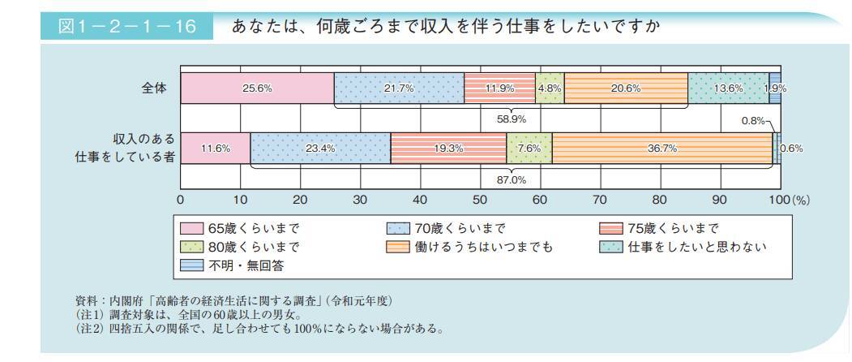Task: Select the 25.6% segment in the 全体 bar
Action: pos(257,88)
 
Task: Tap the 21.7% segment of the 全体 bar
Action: pos(399,88)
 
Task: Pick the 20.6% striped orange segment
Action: pos(626,88)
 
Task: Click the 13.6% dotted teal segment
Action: pos(728,88)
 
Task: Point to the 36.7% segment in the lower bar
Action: pos(662,149)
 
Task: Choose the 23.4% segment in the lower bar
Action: pos(320,149)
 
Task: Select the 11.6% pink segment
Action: pos(215,149)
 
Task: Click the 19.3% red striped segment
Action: pos(448,149)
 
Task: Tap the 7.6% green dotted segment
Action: pos(529,149)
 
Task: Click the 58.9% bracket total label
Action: pos(512,119)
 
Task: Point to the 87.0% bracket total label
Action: pos(512,180)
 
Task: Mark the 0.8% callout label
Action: pos(753,123)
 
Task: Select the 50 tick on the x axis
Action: pos(480,199)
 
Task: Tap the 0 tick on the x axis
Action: pos(181,199)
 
